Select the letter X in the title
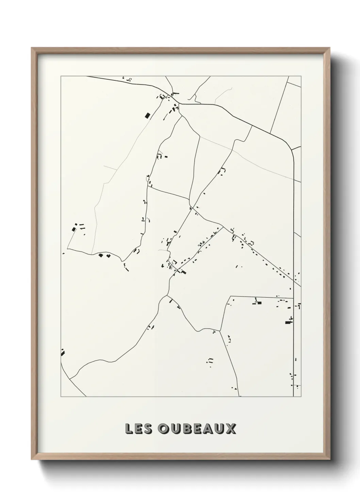coord(230,429)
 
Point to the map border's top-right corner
coord(301,76)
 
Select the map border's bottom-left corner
coord(61,397)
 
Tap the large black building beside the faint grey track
coord(148,115)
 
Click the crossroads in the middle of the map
coord(191,207)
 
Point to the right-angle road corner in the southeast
coord(231,297)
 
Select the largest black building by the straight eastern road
coord(289,321)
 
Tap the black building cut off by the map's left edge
coord(63,352)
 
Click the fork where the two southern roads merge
coord(167,296)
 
